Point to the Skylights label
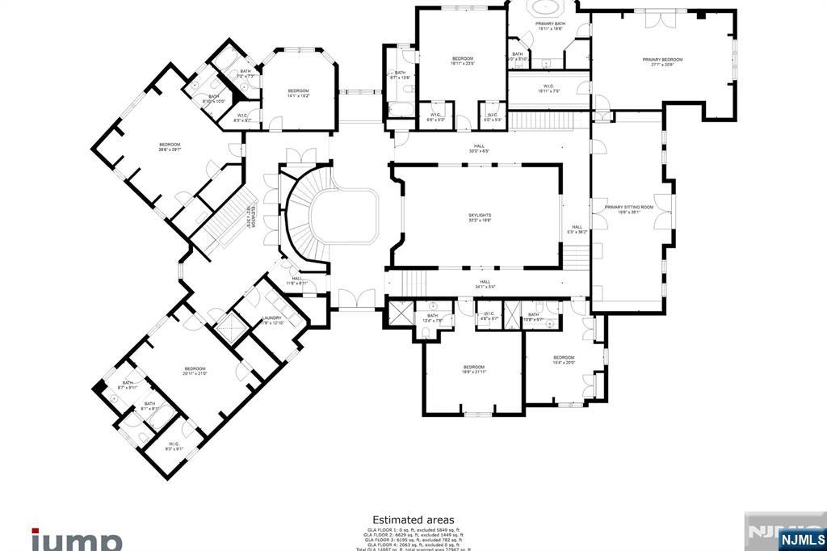(x=480, y=217)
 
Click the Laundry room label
(x=272, y=320)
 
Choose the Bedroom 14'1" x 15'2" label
(x=298, y=93)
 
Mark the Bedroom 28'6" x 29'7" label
(x=170, y=147)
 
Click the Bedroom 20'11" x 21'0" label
(x=195, y=371)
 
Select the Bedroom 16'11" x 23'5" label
(x=462, y=61)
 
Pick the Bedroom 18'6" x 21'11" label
(x=473, y=368)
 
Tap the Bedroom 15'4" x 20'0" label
(x=564, y=360)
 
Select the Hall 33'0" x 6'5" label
(x=480, y=149)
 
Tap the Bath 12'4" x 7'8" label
(x=433, y=318)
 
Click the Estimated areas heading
(x=413, y=519)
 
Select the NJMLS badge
(x=802, y=539)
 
